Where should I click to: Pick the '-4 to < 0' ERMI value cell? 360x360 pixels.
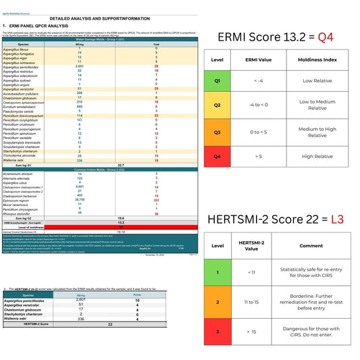(259, 105)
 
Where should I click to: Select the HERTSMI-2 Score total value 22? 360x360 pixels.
(109, 325)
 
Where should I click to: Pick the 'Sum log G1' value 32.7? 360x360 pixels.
(120, 164)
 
